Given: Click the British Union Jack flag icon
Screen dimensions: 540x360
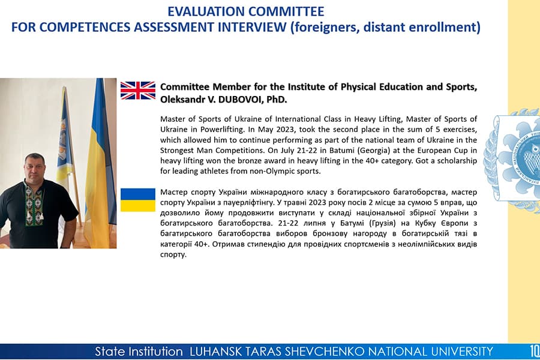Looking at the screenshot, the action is click(x=138, y=90).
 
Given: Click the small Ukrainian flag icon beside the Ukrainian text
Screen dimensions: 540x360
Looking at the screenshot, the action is click(x=138, y=199).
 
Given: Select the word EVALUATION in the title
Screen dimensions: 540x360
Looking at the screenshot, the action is click(x=206, y=11).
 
